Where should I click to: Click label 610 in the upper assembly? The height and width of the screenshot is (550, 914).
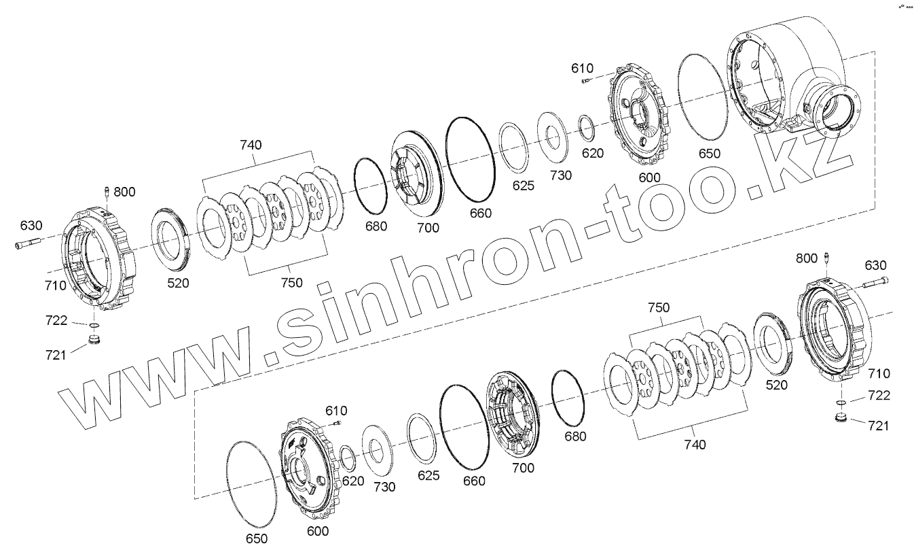click(x=582, y=68)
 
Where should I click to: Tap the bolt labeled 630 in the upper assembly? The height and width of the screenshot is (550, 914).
click(x=28, y=244)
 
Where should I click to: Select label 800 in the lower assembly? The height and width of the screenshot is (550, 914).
click(x=807, y=258)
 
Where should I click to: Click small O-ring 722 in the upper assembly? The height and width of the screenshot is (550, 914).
click(x=94, y=325)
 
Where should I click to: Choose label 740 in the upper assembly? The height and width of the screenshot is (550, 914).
click(x=251, y=145)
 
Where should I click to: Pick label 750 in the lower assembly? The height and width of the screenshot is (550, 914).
click(x=659, y=307)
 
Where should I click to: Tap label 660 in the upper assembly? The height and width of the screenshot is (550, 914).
click(x=480, y=213)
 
